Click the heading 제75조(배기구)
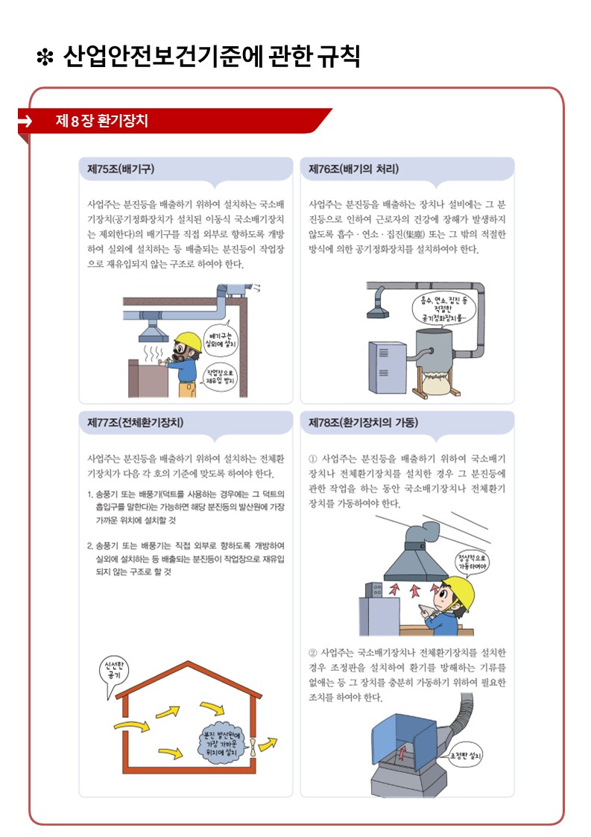click(121, 168)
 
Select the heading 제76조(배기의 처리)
click(353, 168)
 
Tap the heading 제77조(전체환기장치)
click(135, 423)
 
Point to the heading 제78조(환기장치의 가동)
click(363, 423)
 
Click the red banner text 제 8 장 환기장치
click(101, 121)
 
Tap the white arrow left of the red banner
click(25, 121)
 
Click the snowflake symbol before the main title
click(45, 57)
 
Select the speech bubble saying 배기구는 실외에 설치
click(220, 339)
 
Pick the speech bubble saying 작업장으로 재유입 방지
click(220, 377)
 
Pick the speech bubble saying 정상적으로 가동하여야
click(472, 562)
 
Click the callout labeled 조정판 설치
click(464, 756)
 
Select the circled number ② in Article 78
click(313, 653)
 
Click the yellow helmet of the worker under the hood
click(460, 590)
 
